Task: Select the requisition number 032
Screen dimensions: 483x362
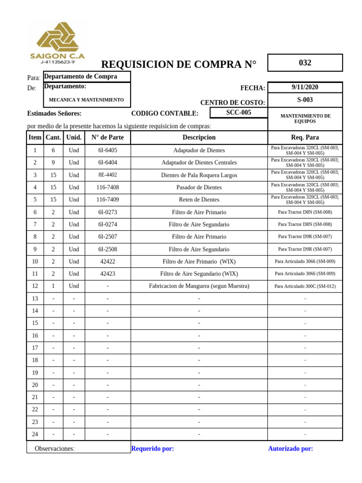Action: click(x=305, y=63)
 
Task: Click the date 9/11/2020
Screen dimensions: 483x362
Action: click(x=305, y=87)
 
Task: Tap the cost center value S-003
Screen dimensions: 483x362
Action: click(x=305, y=100)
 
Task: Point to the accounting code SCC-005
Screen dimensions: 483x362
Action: click(x=239, y=113)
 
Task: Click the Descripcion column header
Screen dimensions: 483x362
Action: click(x=199, y=137)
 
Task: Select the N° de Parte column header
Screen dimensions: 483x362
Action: click(x=107, y=137)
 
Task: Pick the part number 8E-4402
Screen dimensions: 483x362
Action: click(x=107, y=175)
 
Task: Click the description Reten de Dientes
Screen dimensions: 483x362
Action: click(x=199, y=200)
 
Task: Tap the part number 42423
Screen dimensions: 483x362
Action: click(x=107, y=274)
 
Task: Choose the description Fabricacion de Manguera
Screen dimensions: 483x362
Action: click(x=199, y=286)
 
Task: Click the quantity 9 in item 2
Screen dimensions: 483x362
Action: click(x=53, y=162)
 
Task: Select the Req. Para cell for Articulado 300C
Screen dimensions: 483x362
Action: click(x=305, y=286)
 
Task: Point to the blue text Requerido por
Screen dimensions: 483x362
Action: click(x=152, y=449)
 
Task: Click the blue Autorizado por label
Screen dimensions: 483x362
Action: click(x=290, y=449)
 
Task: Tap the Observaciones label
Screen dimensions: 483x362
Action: click(x=54, y=449)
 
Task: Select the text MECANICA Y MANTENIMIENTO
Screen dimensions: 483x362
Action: click(x=86, y=100)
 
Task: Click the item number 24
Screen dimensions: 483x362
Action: click(x=35, y=434)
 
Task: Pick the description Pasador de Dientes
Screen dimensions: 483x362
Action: click(x=199, y=187)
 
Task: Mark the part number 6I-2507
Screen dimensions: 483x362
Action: click(x=107, y=236)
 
